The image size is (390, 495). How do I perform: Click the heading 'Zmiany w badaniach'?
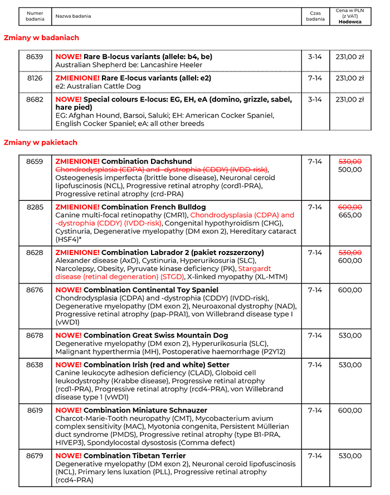42,38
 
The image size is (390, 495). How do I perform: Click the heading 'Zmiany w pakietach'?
41,143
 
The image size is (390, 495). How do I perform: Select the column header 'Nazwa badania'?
73,16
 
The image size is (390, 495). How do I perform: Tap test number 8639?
35,56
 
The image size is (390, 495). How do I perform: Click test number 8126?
35,78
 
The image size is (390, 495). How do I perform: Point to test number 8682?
35,99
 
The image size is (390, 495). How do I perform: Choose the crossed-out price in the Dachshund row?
350,161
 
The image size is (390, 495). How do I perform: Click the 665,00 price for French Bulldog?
350,215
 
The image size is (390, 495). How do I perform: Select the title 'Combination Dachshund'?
147,161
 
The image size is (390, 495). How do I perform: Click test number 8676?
35,290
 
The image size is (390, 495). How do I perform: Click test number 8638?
35,365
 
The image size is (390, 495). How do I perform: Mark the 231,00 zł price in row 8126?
350,78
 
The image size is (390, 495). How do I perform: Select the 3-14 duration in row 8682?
315,99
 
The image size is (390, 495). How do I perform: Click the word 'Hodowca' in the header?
350,22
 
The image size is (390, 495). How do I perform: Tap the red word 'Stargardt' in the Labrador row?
255,268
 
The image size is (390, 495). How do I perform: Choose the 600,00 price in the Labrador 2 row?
350,260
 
